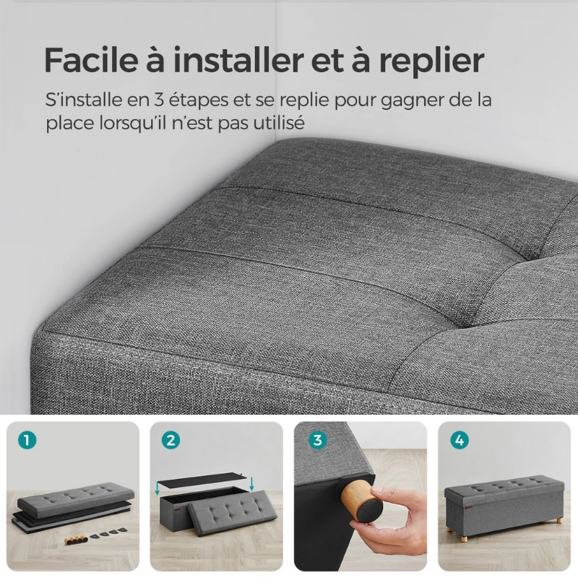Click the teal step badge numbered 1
pos(26,440)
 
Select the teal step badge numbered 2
pos(171,440)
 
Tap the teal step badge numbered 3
pos(315,440)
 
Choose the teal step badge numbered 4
pos(460,440)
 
